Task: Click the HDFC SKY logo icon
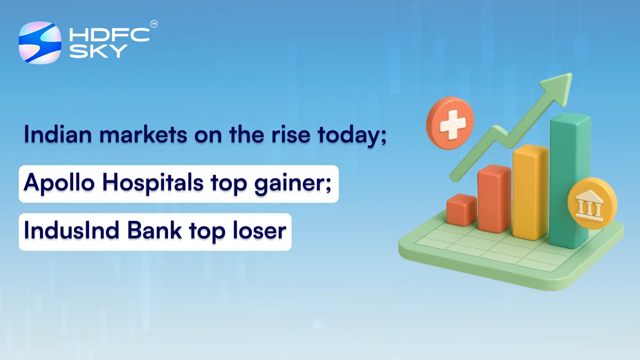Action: pos(40,43)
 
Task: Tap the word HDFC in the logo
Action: pos(109,35)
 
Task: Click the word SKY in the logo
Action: pos(98,51)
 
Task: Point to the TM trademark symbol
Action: pos(154,24)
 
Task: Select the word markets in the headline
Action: pos(143,134)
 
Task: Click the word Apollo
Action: pos(59,183)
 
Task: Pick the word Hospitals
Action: pos(153,183)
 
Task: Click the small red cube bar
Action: pos(461,210)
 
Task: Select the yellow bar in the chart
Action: pos(530,192)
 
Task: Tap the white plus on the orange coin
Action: pos(452,124)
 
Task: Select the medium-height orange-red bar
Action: pos(494,198)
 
